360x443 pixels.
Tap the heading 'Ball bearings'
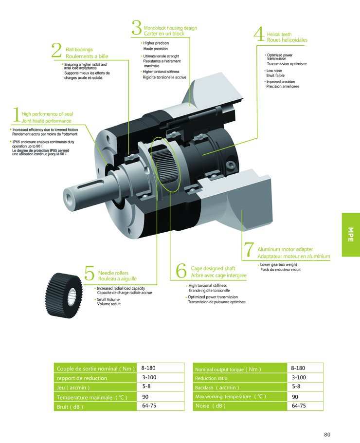point(79,50)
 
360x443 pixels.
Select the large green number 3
point(136,28)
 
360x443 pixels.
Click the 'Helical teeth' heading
point(279,35)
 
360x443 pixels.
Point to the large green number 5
point(90,273)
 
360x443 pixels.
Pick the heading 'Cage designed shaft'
point(213,268)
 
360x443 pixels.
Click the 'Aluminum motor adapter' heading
point(285,249)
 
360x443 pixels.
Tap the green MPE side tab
point(350,235)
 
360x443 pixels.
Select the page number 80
point(327,434)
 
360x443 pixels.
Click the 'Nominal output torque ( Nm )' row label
point(228,369)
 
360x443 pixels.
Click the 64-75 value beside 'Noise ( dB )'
point(299,406)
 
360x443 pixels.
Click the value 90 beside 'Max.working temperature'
point(295,396)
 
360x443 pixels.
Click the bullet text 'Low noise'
point(274,71)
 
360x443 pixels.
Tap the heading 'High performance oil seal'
point(47,114)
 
